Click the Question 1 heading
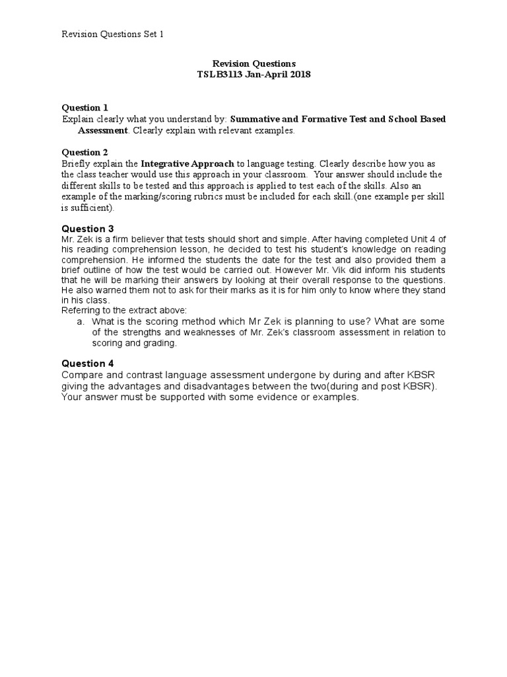84,108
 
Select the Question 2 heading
84,153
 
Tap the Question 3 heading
88,229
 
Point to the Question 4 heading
88,364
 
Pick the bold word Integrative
165,164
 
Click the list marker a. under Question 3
81,322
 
